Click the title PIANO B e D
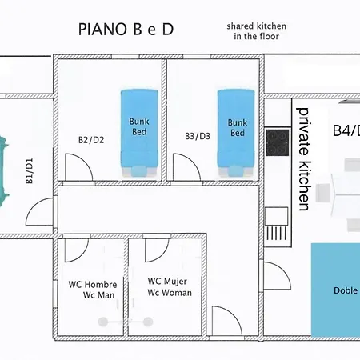(126, 29)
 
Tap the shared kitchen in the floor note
(257, 31)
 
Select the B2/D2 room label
(91, 140)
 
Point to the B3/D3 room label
(198, 136)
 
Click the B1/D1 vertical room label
(30, 171)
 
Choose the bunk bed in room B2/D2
(139, 133)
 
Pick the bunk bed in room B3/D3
(236, 133)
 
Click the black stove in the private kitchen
(278, 142)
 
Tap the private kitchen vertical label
(304, 159)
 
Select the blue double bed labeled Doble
(336, 290)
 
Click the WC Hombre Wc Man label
(93, 290)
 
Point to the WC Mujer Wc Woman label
(170, 287)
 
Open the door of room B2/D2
(79, 167)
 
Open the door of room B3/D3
(186, 167)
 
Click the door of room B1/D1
(39, 212)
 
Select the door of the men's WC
(77, 250)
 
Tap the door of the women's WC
(157, 250)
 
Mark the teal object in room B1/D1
(4, 171)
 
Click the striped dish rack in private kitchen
(277, 233)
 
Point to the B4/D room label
(346, 130)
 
